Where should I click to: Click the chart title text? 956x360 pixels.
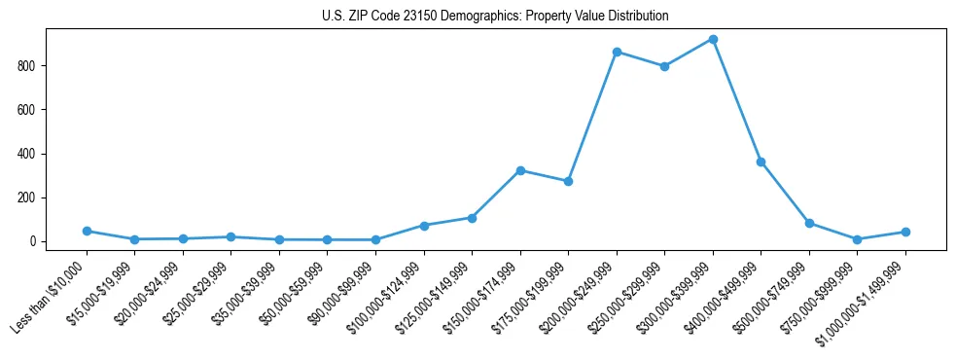tap(495, 17)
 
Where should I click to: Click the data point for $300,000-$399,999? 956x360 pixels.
tap(713, 40)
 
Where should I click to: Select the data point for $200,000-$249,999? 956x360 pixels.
tap(617, 52)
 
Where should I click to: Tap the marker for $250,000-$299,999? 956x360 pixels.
tap(664, 66)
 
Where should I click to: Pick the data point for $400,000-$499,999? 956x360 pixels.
tap(761, 162)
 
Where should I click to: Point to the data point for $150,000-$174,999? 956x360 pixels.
tap(520, 170)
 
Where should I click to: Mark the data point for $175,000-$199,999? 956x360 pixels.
tap(568, 181)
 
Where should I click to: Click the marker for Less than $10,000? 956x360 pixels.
tap(87, 231)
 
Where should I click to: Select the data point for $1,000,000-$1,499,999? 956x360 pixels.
tap(905, 232)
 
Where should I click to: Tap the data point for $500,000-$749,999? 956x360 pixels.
tap(809, 223)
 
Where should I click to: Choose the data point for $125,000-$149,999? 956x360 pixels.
tap(472, 218)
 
